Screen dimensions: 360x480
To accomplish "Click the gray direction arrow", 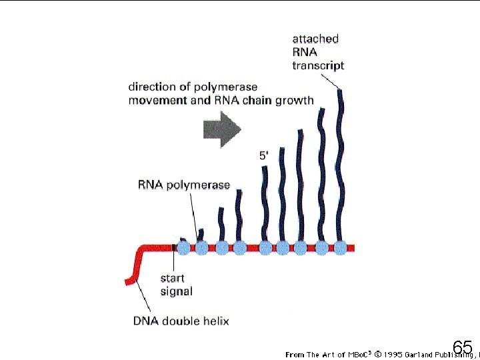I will click(x=222, y=129).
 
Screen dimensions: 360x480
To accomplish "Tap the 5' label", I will click(x=265, y=155).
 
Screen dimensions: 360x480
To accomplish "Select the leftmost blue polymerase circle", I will click(x=185, y=247).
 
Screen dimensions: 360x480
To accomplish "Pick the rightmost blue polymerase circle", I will click(x=341, y=247).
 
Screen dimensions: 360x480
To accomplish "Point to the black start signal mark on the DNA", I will click(x=175, y=247).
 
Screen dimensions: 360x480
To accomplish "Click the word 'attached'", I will click(x=315, y=39).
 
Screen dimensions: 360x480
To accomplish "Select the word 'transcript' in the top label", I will click(x=318, y=65).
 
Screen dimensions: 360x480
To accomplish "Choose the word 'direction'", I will click(x=151, y=87).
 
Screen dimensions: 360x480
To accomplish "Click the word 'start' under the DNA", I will click(x=172, y=278).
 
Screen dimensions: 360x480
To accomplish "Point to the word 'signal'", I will click(x=176, y=291).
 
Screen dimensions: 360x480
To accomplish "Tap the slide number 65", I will click(x=462, y=347).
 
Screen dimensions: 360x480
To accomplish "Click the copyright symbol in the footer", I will click(x=377, y=354).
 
